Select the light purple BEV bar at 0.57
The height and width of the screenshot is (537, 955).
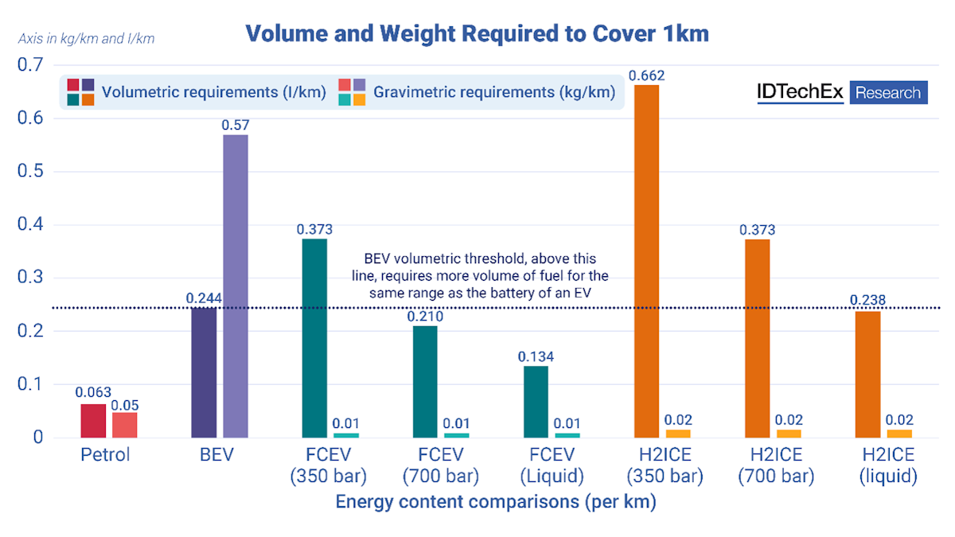[x=236, y=286]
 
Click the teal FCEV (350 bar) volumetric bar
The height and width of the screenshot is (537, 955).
[x=314, y=338]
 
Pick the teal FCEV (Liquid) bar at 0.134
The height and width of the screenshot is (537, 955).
[x=536, y=402]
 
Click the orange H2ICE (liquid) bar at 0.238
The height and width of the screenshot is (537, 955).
[x=867, y=374]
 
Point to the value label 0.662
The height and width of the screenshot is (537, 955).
[x=646, y=76]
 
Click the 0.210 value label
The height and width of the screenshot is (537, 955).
[x=425, y=317]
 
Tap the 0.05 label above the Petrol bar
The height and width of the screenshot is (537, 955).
[x=125, y=405]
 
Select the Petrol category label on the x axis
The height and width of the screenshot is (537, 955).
[x=105, y=456]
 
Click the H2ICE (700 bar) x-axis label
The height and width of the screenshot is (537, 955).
[x=775, y=465]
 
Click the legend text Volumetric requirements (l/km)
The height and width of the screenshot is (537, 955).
[x=214, y=92]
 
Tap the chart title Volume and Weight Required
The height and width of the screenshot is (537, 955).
[x=477, y=33]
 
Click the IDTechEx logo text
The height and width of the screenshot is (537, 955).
[x=799, y=92]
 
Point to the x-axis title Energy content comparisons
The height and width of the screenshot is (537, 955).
[x=495, y=503]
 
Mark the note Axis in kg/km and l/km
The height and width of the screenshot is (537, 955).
[x=86, y=37]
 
